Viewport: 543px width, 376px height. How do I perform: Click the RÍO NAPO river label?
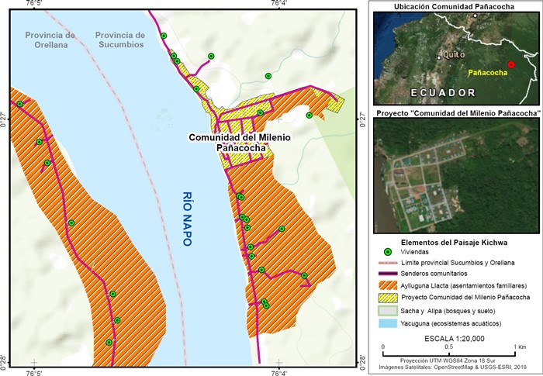pyautogui.click(x=187, y=219)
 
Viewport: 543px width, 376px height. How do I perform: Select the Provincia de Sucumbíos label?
pyautogui.click(x=119, y=40)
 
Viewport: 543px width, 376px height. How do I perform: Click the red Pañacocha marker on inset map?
pyautogui.click(x=511, y=65)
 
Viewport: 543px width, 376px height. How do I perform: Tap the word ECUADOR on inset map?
pyautogui.click(x=443, y=91)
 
